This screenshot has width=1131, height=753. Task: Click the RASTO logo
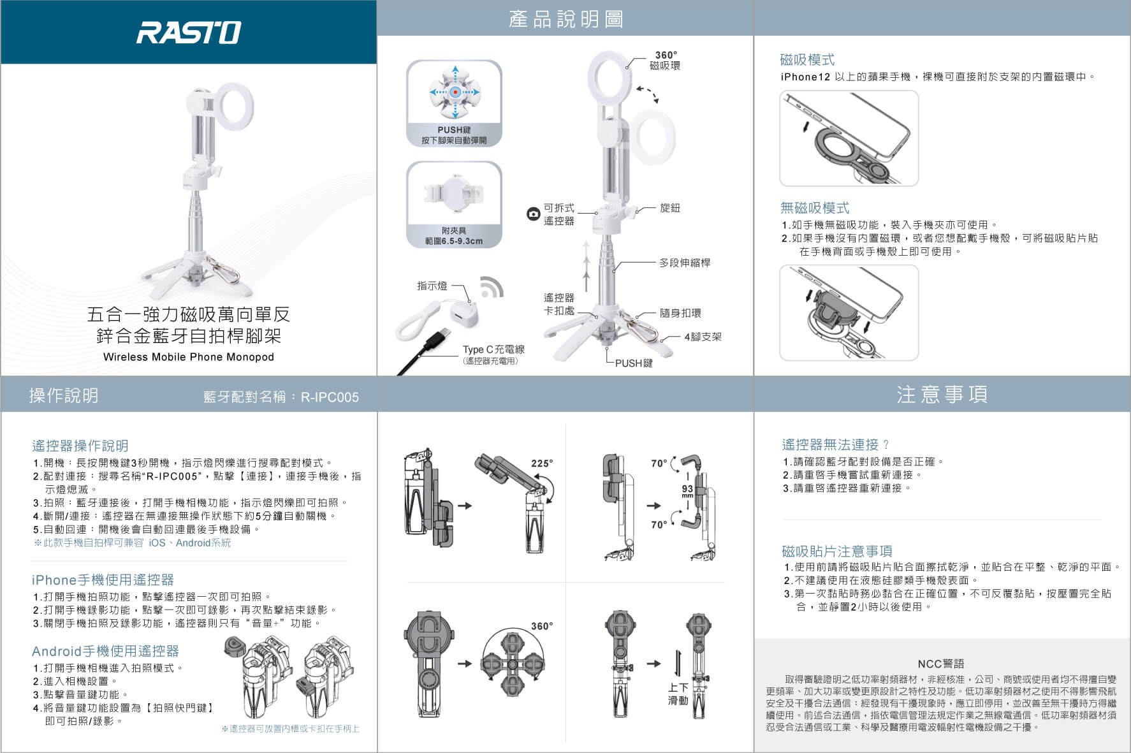(189, 33)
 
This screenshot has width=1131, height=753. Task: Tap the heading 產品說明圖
(565, 19)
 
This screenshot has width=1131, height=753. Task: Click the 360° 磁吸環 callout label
(665, 60)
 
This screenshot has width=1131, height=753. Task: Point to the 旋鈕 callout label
(670, 208)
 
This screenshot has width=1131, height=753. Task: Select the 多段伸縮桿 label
(685, 263)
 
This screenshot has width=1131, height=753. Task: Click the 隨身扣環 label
(680, 313)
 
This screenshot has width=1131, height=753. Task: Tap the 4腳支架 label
(703, 337)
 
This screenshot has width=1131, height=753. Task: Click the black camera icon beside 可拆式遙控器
(533, 214)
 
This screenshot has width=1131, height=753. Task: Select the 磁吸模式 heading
(807, 60)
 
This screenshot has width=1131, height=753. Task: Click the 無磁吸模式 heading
(815, 208)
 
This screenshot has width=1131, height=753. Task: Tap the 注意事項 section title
(942, 394)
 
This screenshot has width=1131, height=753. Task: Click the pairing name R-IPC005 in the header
(330, 397)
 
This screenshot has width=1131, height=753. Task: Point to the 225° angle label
(542, 464)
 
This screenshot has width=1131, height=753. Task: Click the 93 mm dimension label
(687, 491)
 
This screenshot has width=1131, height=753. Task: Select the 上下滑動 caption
(678, 694)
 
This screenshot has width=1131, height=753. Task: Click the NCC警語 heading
(941, 664)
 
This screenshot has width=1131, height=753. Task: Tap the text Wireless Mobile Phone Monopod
(189, 357)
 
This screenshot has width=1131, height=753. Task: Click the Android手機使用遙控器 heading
(105, 651)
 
